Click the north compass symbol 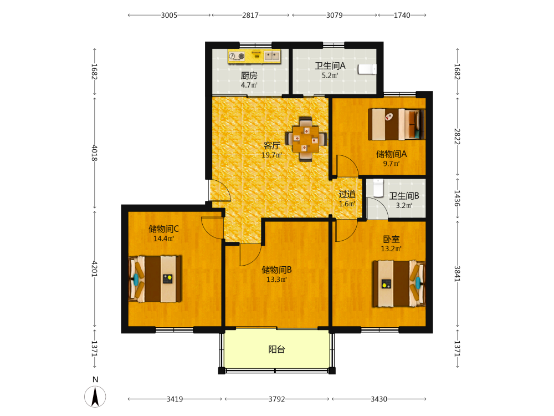[95, 396]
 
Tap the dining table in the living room [306, 139]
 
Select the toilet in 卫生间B [378, 188]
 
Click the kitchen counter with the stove [254, 57]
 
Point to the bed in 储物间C [155, 279]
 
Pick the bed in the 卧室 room [399, 283]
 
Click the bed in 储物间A [396, 124]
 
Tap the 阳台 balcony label [276, 349]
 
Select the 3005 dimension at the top [169, 15]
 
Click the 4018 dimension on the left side [94, 153]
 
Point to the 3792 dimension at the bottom [276, 399]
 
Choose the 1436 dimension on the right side [457, 198]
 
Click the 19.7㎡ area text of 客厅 [271, 155]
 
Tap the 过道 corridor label [347, 194]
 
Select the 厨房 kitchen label [249, 75]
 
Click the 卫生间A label [330, 66]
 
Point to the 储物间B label [276, 270]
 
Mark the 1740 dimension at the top [402, 15]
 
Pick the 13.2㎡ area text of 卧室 [391, 248]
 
